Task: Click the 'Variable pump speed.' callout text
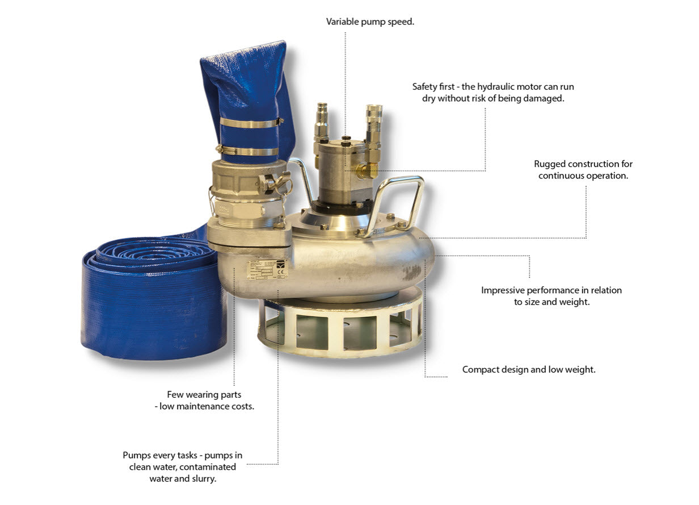370,22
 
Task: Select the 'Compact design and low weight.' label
529,370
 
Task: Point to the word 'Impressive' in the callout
503,291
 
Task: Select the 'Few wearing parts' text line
204,395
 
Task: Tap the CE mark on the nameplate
280,272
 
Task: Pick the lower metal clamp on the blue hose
247,151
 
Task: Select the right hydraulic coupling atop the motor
373,128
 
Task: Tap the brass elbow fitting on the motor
368,169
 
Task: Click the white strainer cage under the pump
340,325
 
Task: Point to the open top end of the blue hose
243,50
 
